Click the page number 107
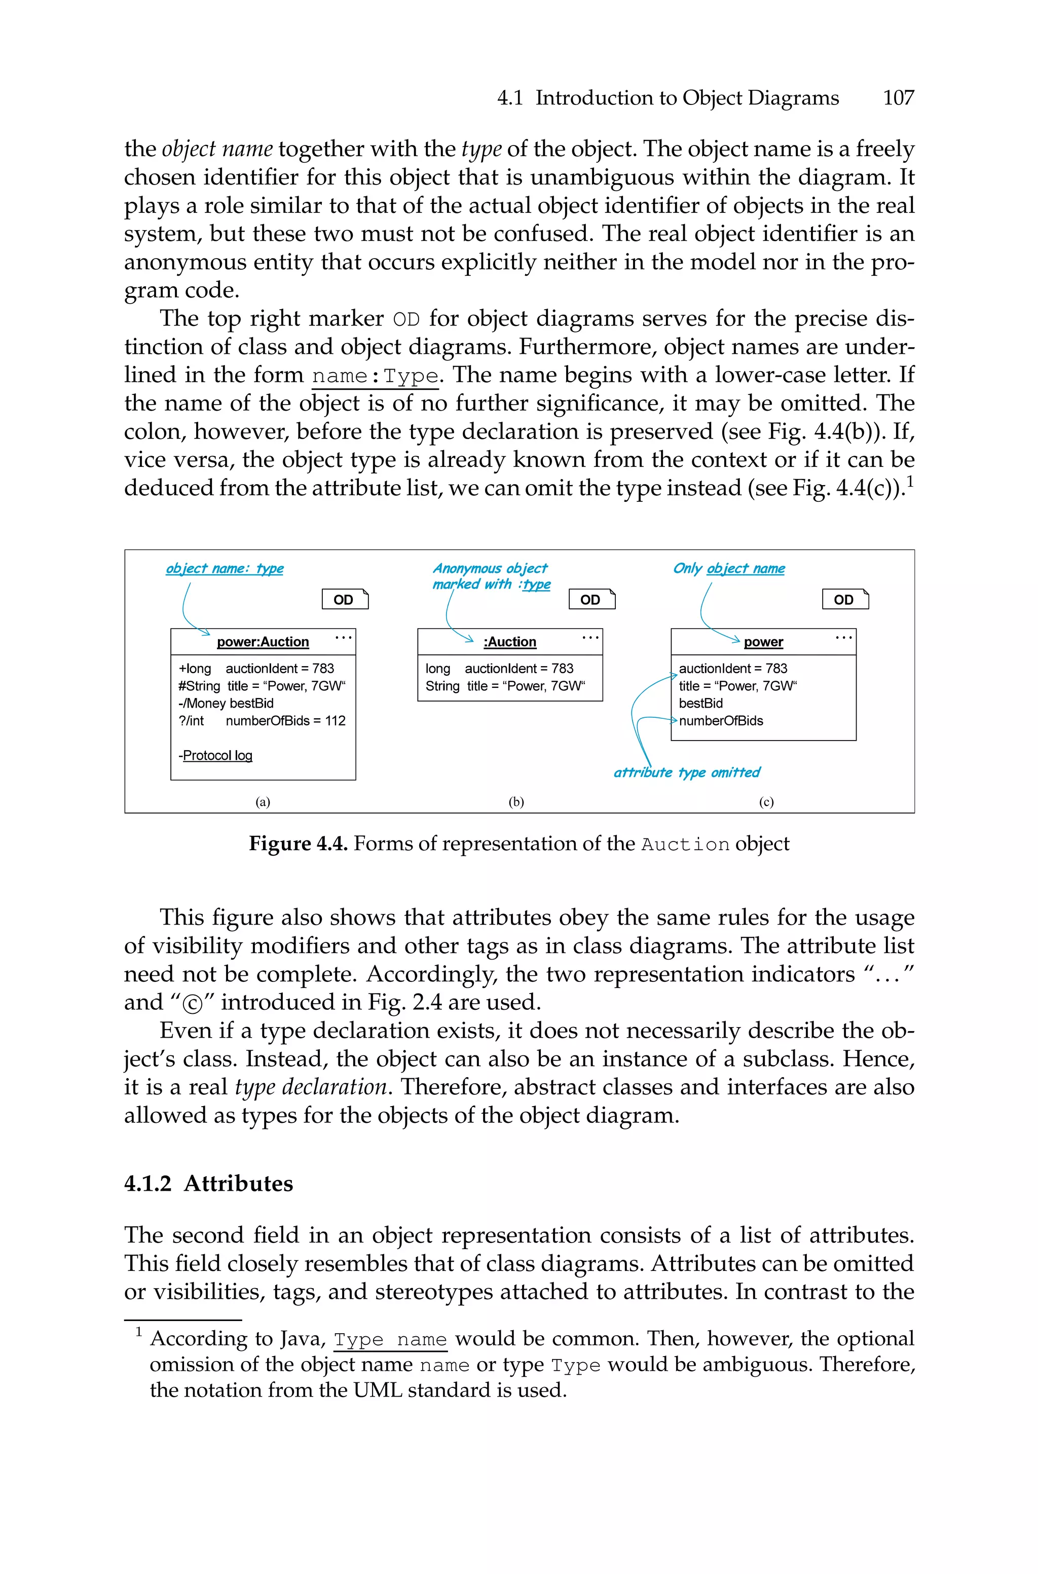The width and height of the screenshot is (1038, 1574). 898,98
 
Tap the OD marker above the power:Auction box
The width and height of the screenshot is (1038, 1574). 344,599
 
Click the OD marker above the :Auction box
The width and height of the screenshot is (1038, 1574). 591,599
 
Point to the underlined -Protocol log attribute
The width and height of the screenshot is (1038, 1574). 216,755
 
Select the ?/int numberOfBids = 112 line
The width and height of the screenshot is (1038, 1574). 262,720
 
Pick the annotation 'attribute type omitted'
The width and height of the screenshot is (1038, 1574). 686,773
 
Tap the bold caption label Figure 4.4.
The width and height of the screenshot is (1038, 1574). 298,844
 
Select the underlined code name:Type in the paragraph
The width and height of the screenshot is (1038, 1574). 376,376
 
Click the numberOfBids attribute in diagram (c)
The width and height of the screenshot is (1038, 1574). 721,720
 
